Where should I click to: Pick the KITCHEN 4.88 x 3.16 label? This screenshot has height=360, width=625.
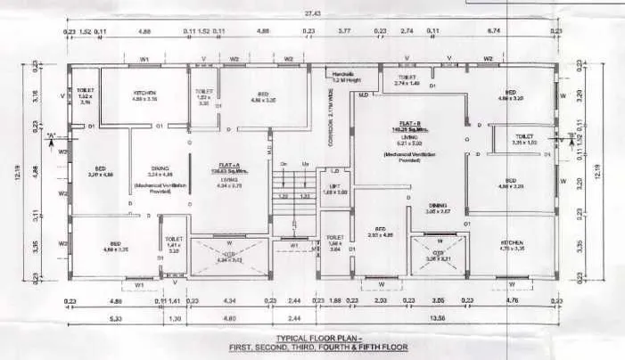tap(144, 95)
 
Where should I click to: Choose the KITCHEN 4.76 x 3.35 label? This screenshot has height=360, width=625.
tap(513, 244)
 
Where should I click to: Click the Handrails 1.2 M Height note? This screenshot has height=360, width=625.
tap(344, 76)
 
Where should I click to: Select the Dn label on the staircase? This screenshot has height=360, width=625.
tap(283, 164)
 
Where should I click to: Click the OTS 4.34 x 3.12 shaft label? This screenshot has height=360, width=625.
tap(229, 258)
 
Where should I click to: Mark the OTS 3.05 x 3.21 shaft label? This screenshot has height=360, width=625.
tap(438, 256)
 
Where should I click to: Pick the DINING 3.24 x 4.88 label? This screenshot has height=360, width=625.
tap(159, 171)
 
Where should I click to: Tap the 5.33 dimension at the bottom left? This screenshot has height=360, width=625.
tap(116, 318)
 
